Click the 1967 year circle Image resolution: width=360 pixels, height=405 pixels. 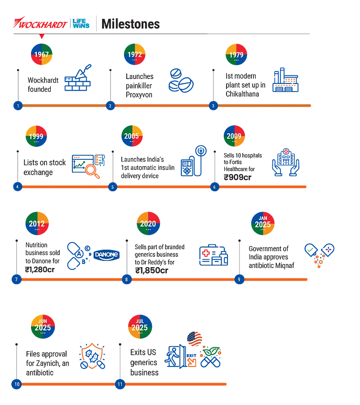[x=41, y=55]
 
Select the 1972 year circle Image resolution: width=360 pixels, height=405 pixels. [x=134, y=55]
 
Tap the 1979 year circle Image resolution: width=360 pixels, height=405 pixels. [x=236, y=55]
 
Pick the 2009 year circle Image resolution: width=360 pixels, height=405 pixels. [x=234, y=136]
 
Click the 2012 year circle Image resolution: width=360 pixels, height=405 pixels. [x=37, y=224]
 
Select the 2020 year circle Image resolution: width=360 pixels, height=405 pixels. [x=148, y=224]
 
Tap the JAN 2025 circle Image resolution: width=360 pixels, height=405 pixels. [x=263, y=223]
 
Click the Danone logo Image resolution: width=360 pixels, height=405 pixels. [x=106, y=255]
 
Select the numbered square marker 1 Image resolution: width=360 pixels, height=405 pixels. [x=17, y=106]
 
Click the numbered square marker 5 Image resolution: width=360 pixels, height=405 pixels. [x=113, y=187]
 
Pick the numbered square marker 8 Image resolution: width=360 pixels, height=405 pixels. [x=126, y=280]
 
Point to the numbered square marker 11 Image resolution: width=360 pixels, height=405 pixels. [x=120, y=385]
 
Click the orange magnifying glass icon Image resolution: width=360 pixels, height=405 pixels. [x=93, y=171]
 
